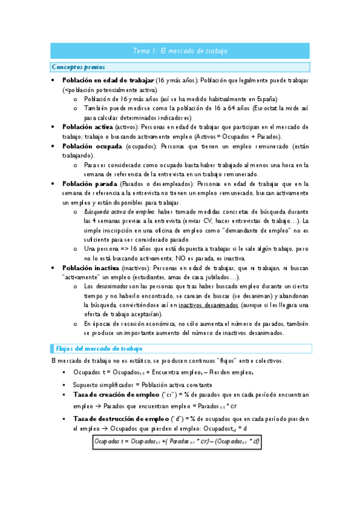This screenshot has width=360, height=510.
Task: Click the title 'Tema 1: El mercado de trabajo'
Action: click(180, 51)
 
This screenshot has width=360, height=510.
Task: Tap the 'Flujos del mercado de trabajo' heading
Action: click(99, 349)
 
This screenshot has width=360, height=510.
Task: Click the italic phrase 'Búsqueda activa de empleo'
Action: click(120, 212)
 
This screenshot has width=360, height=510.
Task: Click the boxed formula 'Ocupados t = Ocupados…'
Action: click(176, 442)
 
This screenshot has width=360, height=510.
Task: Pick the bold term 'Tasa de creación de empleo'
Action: click(117, 395)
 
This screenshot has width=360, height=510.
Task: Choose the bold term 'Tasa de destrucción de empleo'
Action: click(121, 419)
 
